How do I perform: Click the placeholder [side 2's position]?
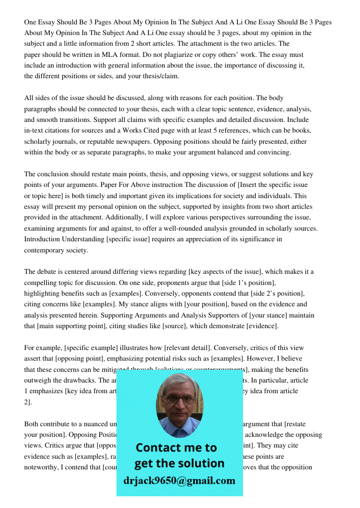(x=277, y=294)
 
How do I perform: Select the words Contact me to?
(x=176, y=448)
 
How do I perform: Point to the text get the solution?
(x=179, y=463)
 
